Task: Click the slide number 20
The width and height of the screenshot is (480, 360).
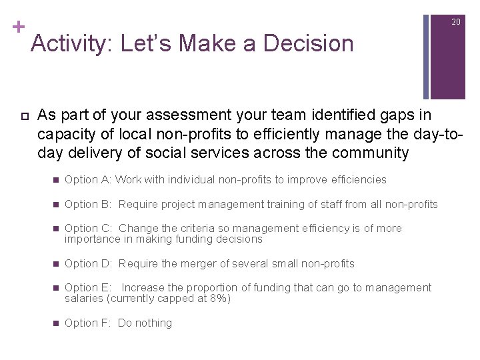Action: pos(456,22)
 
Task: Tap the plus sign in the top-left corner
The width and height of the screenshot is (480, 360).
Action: pos(19,27)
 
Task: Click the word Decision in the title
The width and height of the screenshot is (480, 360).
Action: pos(308,44)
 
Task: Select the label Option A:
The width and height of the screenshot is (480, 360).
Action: pos(88,179)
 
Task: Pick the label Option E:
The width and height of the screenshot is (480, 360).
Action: pos(88,288)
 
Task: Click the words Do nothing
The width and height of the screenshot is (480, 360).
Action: pos(145,323)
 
